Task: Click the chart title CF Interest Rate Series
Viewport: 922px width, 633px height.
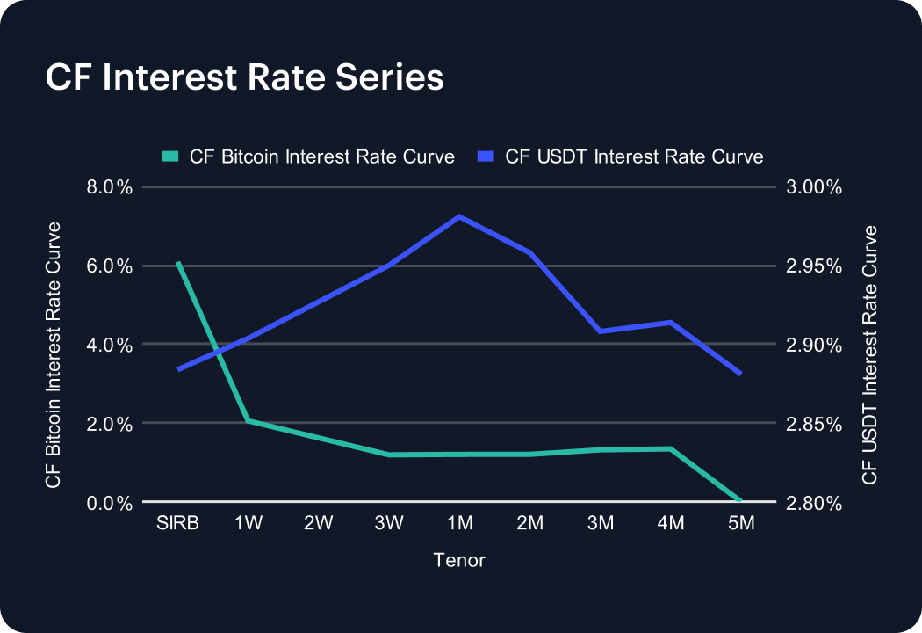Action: coord(244,77)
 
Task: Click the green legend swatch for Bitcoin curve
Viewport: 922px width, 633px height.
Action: coord(170,156)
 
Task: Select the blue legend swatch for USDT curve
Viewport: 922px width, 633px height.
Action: coord(486,156)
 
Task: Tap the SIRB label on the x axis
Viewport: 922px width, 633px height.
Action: coord(177,523)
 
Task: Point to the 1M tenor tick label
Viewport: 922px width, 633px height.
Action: coord(460,523)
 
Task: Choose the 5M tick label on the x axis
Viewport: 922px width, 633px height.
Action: coord(741,523)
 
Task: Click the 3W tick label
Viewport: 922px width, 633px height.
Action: coord(389,523)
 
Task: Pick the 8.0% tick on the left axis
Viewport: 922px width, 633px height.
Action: coord(110,187)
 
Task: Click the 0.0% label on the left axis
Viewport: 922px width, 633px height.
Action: coord(110,504)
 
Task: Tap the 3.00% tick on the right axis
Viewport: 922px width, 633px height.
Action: coord(814,187)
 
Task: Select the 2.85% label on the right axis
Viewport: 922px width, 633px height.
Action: coord(814,424)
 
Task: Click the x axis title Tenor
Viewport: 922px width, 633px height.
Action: coord(459,560)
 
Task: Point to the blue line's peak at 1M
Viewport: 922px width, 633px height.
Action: coord(459,216)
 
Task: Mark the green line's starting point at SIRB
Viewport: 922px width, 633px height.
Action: coord(178,263)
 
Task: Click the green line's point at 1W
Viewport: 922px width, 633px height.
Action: coord(249,420)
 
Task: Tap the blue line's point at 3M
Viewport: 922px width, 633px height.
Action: coord(600,331)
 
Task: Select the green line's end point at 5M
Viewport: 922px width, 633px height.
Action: coord(739,500)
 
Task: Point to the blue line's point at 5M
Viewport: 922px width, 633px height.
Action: coord(740,374)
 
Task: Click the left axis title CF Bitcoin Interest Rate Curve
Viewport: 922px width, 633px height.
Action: coord(54,355)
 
